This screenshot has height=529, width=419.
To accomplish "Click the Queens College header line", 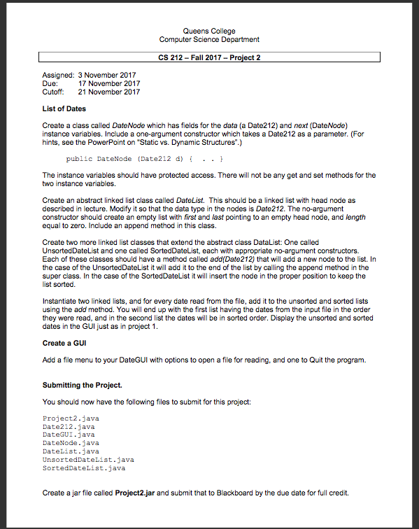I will point(209,31).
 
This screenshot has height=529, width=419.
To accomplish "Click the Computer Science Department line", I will point(209,39).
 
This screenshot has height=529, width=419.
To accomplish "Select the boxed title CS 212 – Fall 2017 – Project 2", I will point(209,57).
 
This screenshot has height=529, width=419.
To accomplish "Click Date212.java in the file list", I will point(69,426).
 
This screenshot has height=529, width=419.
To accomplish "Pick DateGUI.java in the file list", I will point(69,435).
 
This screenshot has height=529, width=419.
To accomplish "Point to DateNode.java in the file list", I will point(71,443).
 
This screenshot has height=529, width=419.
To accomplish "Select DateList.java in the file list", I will point(71,451).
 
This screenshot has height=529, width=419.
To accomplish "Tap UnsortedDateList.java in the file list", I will point(88,460).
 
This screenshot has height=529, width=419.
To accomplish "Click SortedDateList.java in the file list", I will point(84,468).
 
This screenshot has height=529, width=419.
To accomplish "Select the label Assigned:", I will point(58,75).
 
